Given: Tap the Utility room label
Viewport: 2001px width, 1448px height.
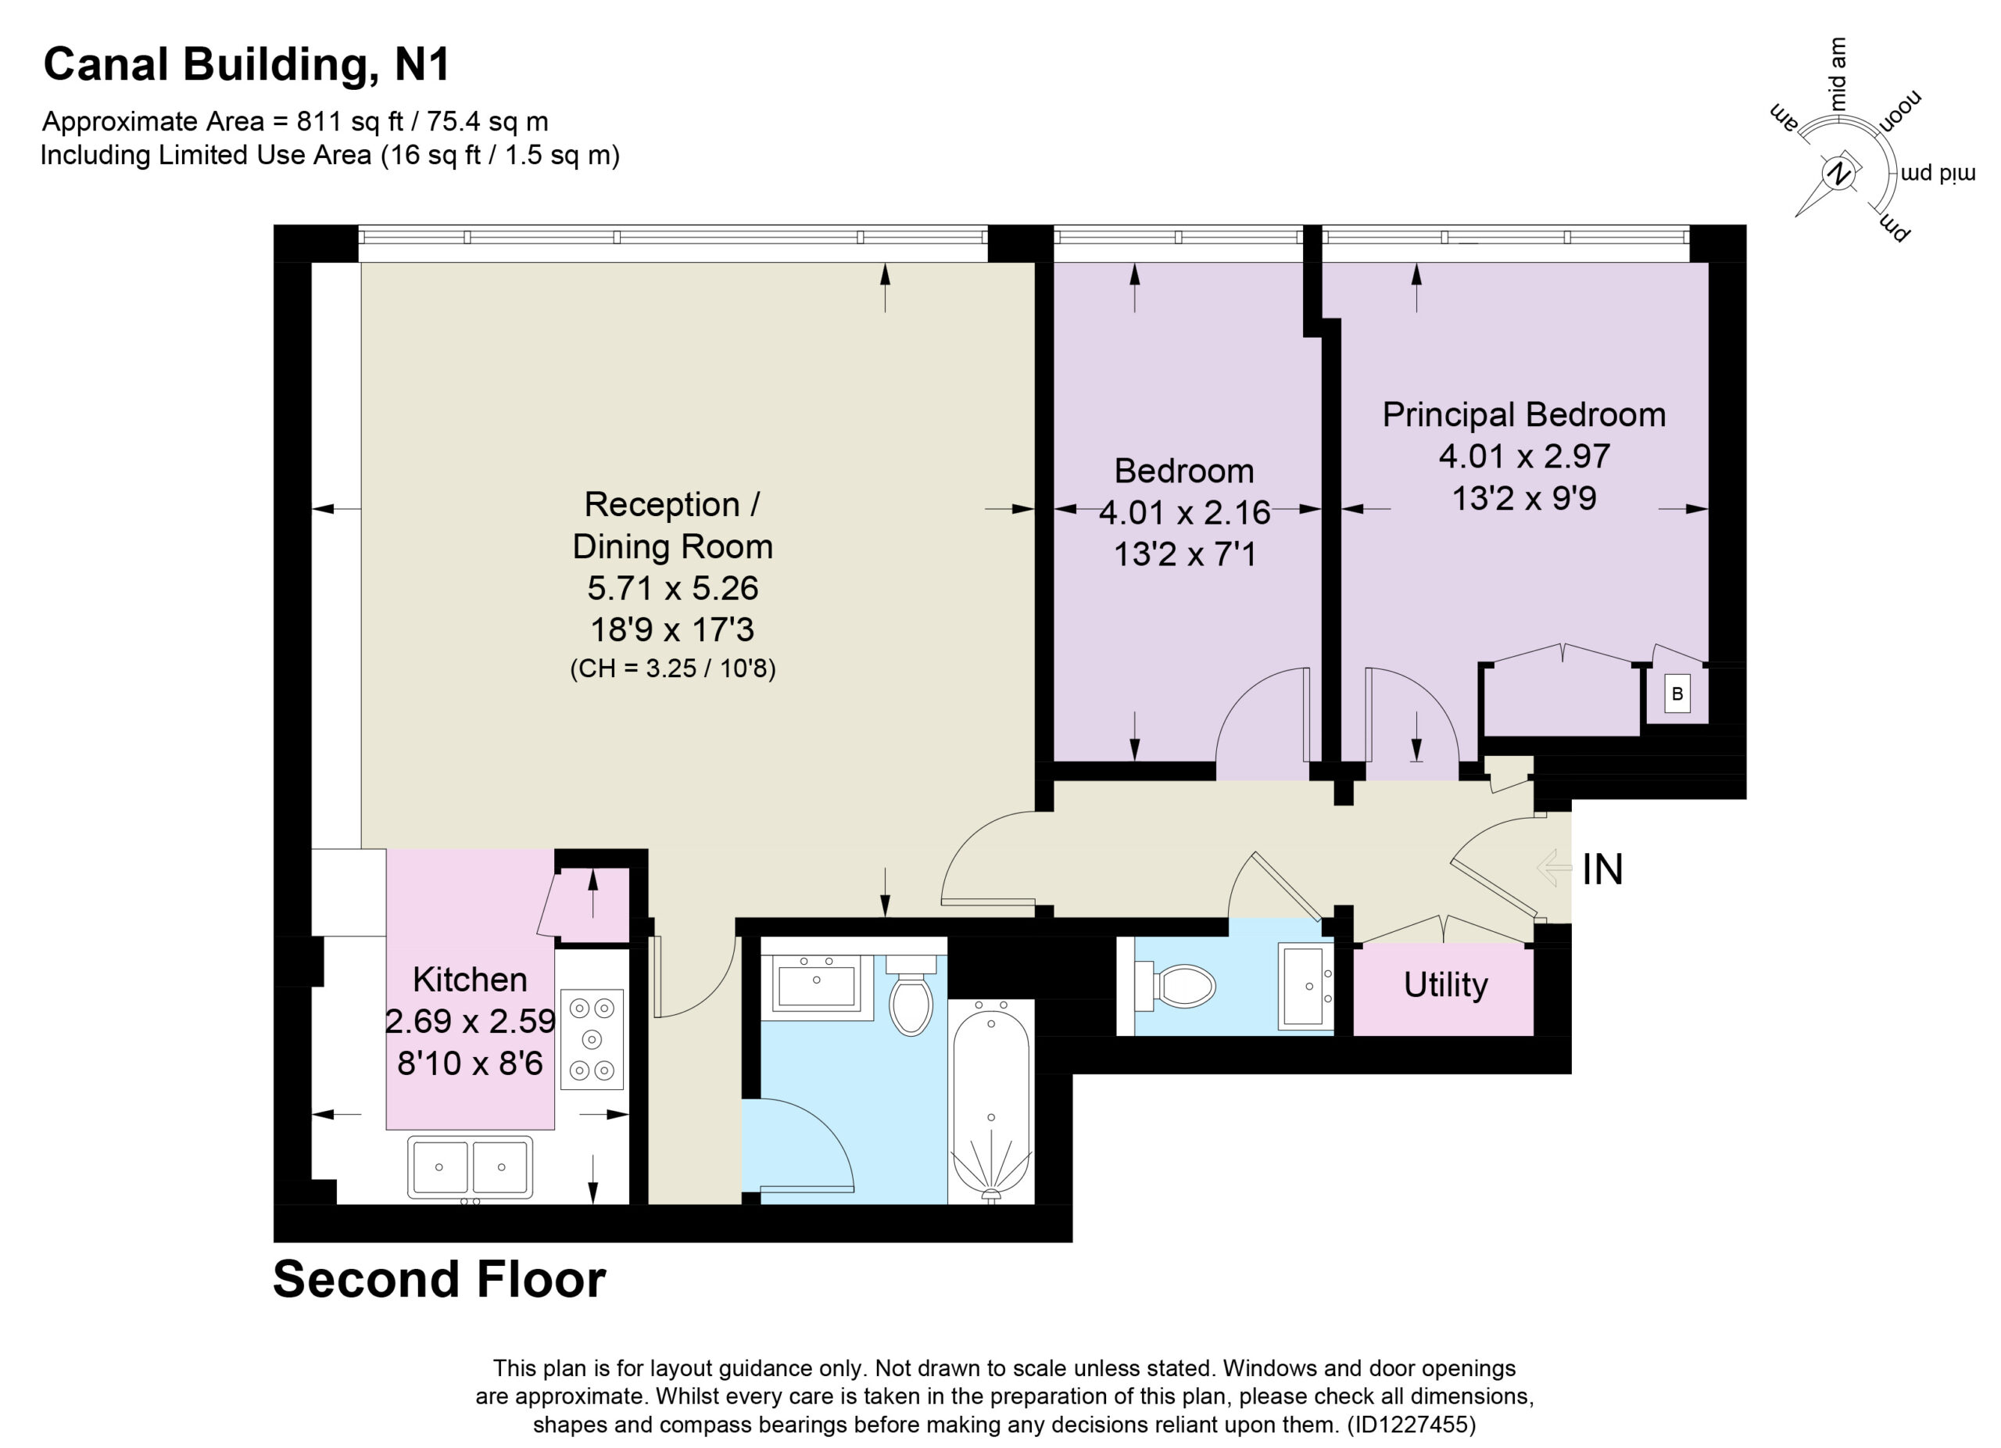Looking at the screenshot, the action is pos(1445,984).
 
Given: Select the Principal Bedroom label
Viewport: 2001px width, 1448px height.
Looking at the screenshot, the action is pos(1523,414).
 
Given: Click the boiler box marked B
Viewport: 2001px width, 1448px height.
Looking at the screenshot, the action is pos(1677,694).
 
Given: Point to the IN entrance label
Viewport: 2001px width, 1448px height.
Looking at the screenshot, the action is pos(1602,870).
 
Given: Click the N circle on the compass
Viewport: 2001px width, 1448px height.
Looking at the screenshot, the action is pos(1838,173).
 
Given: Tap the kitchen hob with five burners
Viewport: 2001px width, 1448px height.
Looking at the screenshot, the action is pos(591,1038).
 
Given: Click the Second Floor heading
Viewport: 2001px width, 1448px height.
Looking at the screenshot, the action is pos(439,1279).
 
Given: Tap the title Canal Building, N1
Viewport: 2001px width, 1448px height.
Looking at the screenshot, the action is pos(247,64).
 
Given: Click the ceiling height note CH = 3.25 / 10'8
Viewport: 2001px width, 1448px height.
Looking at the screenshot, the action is pos(672,668).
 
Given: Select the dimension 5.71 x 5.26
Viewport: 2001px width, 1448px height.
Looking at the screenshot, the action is pos(672,588).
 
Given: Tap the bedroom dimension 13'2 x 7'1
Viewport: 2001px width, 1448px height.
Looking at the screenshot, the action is pos(1184,554).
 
